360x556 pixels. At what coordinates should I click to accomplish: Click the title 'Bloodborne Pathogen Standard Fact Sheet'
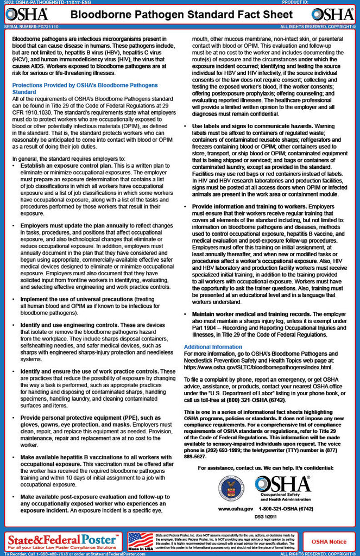[x=180, y=14]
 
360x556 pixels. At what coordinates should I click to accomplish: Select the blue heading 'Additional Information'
[x=213, y=346]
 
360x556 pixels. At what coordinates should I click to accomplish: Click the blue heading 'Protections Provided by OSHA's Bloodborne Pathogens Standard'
[x=85, y=89]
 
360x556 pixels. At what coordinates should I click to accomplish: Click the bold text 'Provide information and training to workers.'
[x=250, y=207]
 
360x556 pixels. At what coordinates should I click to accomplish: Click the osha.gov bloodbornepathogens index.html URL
[x=258, y=368]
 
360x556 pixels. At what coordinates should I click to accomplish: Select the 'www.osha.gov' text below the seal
[x=236, y=509]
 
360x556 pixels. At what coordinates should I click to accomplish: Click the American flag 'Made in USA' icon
[x=140, y=540]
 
